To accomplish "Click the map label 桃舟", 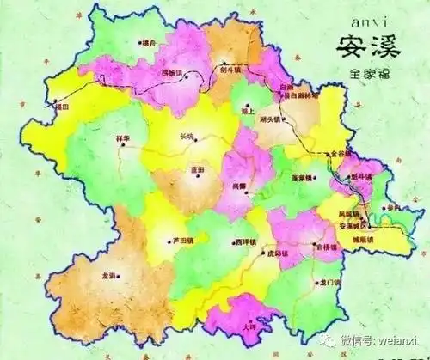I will pyautogui.click(x=150, y=43).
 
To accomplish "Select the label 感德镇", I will pyautogui.click(x=172, y=74).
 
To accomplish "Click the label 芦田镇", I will pyautogui.click(x=180, y=240).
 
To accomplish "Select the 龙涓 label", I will pyautogui.click(x=109, y=277).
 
